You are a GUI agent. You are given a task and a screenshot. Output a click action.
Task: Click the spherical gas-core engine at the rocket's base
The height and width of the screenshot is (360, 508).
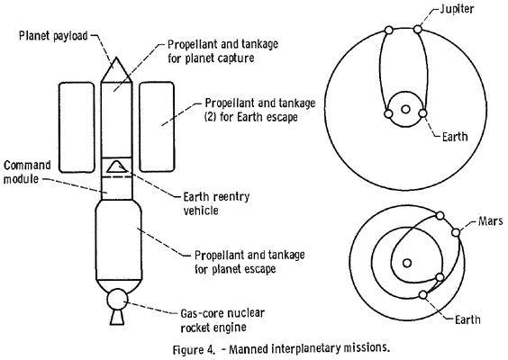[117, 299]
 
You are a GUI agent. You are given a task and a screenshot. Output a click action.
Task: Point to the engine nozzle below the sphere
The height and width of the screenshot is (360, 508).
[117, 317]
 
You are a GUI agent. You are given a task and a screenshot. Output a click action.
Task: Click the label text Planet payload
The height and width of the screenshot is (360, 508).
[53, 36]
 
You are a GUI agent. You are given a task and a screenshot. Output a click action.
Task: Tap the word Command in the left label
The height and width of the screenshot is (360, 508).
[27, 165]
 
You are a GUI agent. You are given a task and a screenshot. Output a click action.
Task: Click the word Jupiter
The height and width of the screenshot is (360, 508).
[457, 9]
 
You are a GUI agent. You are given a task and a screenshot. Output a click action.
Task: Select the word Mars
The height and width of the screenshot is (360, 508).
[490, 220]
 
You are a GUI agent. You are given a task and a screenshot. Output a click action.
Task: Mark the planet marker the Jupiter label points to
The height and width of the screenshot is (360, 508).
[418, 30]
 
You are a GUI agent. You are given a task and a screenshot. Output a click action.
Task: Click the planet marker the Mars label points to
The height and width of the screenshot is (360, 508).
[456, 232]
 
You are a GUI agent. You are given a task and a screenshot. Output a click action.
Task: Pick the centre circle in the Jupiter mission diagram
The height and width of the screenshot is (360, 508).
[405, 109]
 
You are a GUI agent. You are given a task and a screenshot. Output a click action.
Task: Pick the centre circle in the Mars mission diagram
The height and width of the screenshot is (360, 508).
[407, 263]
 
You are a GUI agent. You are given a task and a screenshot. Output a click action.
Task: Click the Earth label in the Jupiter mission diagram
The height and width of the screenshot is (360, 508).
[455, 137]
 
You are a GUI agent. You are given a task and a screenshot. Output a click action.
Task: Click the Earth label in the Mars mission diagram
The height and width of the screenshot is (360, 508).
[467, 319]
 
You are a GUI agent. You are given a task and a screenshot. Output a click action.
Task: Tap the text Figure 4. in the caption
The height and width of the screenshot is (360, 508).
[194, 350]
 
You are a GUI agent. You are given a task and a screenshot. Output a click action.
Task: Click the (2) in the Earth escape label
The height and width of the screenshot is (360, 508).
[210, 116]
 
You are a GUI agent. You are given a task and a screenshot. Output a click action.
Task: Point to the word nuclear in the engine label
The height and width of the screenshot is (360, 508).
[245, 313]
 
